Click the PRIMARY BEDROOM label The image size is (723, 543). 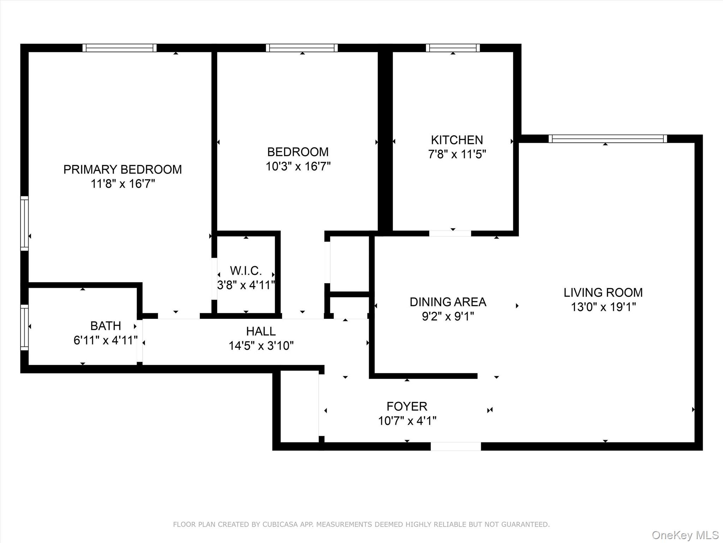click(x=122, y=170)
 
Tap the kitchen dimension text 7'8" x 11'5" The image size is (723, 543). click(x=457, y=154)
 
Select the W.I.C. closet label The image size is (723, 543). click(x=246, y=271)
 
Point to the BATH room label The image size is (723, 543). click(x=106, y=326)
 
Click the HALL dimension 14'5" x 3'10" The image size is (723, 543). click(x=261, y=346)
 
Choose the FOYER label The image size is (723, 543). click(x=407, y=407)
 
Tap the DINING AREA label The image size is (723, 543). click(x=448, y=302)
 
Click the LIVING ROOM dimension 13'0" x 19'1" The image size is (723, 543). click(x=603, y=307)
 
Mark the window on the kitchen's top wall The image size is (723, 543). click(x=453, y=48)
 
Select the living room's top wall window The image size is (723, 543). click(x=608, y=139)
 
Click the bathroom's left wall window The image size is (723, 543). click(x=24, y=327)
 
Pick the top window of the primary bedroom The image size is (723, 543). click(x=119, y=48)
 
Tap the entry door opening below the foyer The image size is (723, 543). click(x=455, y=446)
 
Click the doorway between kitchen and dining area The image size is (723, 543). click(x=450, y=233)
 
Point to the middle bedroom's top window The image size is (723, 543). click(x=301, y=48)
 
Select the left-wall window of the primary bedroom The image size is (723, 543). click(x=24, y=223)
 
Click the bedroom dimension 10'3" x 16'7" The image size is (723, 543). click(x=298, y=167)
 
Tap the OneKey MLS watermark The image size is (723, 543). click(x=685, y=535)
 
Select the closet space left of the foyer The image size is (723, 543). click(x=299, y=407)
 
